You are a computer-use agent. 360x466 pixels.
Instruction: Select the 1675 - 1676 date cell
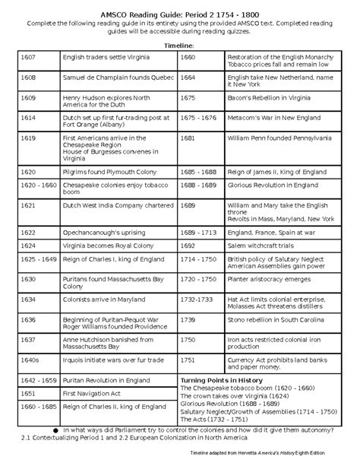(200, 120)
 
